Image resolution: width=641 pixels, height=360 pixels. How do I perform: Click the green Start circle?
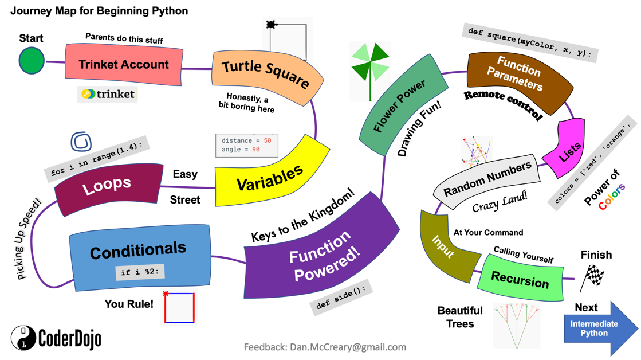tap(32, 61)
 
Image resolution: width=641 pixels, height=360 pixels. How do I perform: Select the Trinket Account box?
tap(124, 64)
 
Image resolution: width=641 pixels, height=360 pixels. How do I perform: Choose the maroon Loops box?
tap(107, 185)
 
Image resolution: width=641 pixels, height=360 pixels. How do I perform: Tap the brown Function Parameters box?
tap(519, 77)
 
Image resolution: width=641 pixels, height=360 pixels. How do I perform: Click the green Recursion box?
tap(520, 280)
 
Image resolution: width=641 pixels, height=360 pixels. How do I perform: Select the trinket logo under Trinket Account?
tap(108, 94)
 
